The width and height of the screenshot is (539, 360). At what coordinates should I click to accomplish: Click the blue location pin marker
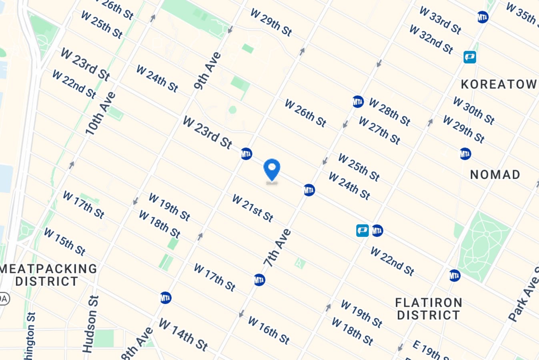(272, 170)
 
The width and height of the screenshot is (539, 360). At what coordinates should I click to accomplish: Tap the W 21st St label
(252, 208)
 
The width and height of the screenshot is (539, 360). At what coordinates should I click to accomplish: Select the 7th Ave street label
(277, 248)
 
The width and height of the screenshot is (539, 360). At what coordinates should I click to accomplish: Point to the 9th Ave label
(207, 70)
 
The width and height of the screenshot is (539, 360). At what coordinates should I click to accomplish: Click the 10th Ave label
(100, 113)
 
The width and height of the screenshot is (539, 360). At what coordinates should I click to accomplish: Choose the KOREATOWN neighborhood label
(499, 84)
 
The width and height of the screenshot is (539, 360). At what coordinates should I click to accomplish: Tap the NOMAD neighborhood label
(495, 175)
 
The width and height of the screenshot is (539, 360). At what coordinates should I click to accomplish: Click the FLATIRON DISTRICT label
(429, 309)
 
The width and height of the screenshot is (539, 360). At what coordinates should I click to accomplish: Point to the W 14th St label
(183, 334)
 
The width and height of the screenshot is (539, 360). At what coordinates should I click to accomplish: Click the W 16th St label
(268, 330)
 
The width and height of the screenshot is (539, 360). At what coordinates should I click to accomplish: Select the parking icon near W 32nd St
(470, 57)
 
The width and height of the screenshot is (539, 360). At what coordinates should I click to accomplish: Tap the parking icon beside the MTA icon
(362, 230)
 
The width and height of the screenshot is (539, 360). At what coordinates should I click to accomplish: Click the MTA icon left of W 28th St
(358, 102)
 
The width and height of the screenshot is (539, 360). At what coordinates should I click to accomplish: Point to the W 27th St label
(379, 130)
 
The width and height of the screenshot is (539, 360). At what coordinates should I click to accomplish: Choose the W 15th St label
(64, 242)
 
